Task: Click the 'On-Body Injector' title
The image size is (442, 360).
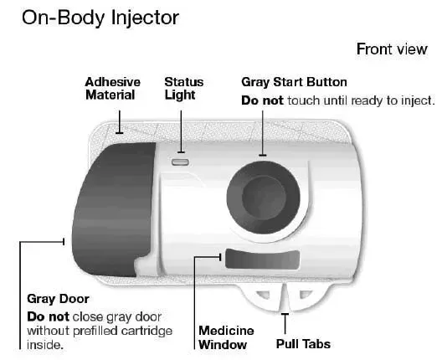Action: click(x=100, y=18)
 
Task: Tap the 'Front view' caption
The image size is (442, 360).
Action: click(x=392, y=49)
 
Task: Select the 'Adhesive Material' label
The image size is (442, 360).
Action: click(x=112, y=89)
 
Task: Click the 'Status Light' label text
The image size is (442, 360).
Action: click(x=183, y=89)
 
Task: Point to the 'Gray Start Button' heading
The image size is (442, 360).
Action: click(x=294, y=82)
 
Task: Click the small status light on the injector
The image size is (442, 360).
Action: click(x=180, y=162)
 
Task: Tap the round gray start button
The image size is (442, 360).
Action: click(x=264, y=198)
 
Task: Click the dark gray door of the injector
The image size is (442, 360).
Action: click(x=113, y=208)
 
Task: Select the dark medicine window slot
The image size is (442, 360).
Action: click(x=262, y=259)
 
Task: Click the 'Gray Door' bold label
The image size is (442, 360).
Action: click(x=58, y=299)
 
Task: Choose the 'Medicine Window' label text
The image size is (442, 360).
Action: click(x=226, y=337)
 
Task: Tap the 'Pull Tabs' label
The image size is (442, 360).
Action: click(x=303, y=344)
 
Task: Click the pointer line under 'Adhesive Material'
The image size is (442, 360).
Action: click(x=120, y=121)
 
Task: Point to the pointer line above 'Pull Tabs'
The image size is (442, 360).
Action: click(x=285, y=324)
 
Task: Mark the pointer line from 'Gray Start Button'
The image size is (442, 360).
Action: click(x=263, y=133)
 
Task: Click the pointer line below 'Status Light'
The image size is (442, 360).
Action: click(x=182, y=131)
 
